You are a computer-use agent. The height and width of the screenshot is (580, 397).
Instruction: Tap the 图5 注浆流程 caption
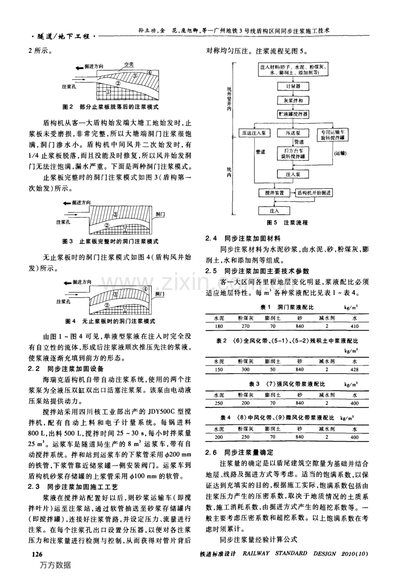click(287, 223)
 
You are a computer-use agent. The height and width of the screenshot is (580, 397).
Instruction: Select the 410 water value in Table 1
click(354, 326)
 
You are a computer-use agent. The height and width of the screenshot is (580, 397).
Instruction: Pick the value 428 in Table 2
click(354, 369)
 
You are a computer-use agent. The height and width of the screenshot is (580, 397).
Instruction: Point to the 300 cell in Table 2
click(246, 369)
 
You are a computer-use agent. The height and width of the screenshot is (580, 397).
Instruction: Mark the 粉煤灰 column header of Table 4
click(246, 429)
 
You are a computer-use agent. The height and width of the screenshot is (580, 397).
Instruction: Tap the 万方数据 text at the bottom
click(55, 565)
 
